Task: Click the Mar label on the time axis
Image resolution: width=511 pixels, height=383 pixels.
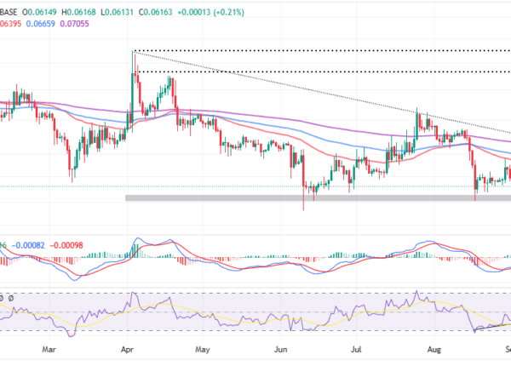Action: [49, 349]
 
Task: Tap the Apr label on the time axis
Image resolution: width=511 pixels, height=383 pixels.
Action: [127, 349]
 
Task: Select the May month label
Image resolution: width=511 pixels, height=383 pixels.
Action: [203, 349]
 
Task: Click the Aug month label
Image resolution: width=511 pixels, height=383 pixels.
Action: [433, 349]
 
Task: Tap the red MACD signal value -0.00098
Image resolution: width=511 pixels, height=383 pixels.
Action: [69, 244]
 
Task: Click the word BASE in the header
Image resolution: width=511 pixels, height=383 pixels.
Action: [14, 8]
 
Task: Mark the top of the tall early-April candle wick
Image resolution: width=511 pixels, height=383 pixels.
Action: [133, 53]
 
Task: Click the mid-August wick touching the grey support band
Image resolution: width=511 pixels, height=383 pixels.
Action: [474, 199]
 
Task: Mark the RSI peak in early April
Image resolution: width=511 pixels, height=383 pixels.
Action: [134, 294]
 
